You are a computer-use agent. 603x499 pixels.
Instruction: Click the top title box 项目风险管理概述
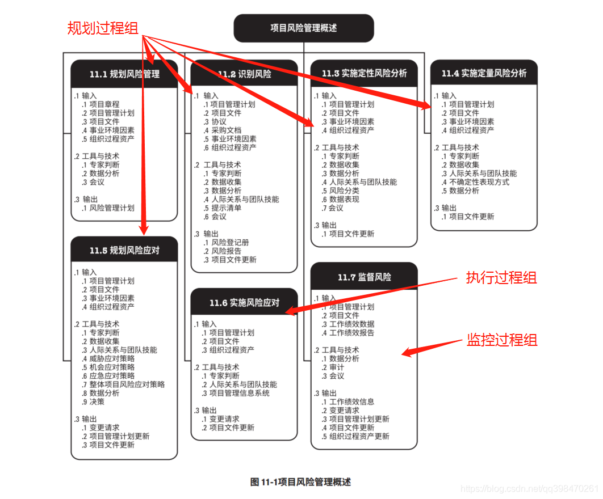[x=304, y=28]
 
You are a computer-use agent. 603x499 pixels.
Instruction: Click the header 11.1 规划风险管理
[x=124, y=74]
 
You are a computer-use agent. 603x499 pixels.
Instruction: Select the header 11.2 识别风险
[x=244, y=74]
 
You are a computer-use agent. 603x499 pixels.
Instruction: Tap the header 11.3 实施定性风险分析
[x=364, y=74]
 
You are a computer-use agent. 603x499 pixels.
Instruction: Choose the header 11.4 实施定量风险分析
[x=484, y=74]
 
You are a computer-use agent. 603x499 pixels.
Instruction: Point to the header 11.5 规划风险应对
[x=124, y=251]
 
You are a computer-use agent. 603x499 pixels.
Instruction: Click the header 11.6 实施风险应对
[x=244, y=303]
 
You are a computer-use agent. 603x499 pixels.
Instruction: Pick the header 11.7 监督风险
[x=364, y=277]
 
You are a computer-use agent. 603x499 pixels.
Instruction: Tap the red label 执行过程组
[x=501, y=278]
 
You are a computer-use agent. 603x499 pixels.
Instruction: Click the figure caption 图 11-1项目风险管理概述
[x=301, y=482]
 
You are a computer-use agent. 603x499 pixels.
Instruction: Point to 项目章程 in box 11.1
[x=104, y=104]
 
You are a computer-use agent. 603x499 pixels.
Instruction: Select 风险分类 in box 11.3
[x=340, y=191]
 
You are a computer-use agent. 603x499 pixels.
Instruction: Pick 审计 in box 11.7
[x=337, y=367]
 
